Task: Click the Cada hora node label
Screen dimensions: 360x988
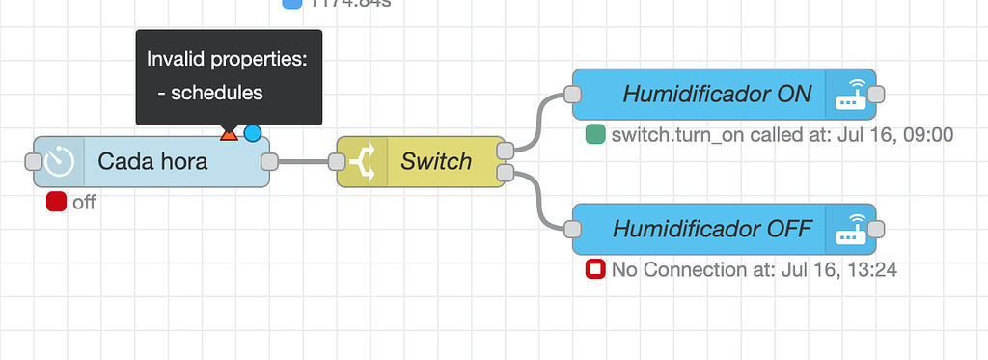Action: point(152,161)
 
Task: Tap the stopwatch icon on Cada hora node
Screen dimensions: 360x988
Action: point(60,162)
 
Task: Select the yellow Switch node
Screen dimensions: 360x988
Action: point(435,161)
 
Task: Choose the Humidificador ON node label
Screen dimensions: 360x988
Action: point(716,94)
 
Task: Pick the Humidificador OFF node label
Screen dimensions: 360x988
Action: point(712,229)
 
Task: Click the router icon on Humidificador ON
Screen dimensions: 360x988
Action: point(850,94)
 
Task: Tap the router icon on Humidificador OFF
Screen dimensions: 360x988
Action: point(850,229)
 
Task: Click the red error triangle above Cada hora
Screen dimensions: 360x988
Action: point(229,134)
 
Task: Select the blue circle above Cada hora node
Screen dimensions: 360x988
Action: point(253,133)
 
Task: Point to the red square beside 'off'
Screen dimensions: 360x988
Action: point(56,202)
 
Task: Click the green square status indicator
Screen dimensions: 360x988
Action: point(595,135)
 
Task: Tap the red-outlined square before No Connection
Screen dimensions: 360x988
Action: point(595,270)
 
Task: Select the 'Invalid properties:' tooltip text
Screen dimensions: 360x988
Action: point(227,59)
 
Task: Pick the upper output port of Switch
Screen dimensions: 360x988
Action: point(505,151)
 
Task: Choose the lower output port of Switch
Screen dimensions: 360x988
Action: point(505,173)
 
